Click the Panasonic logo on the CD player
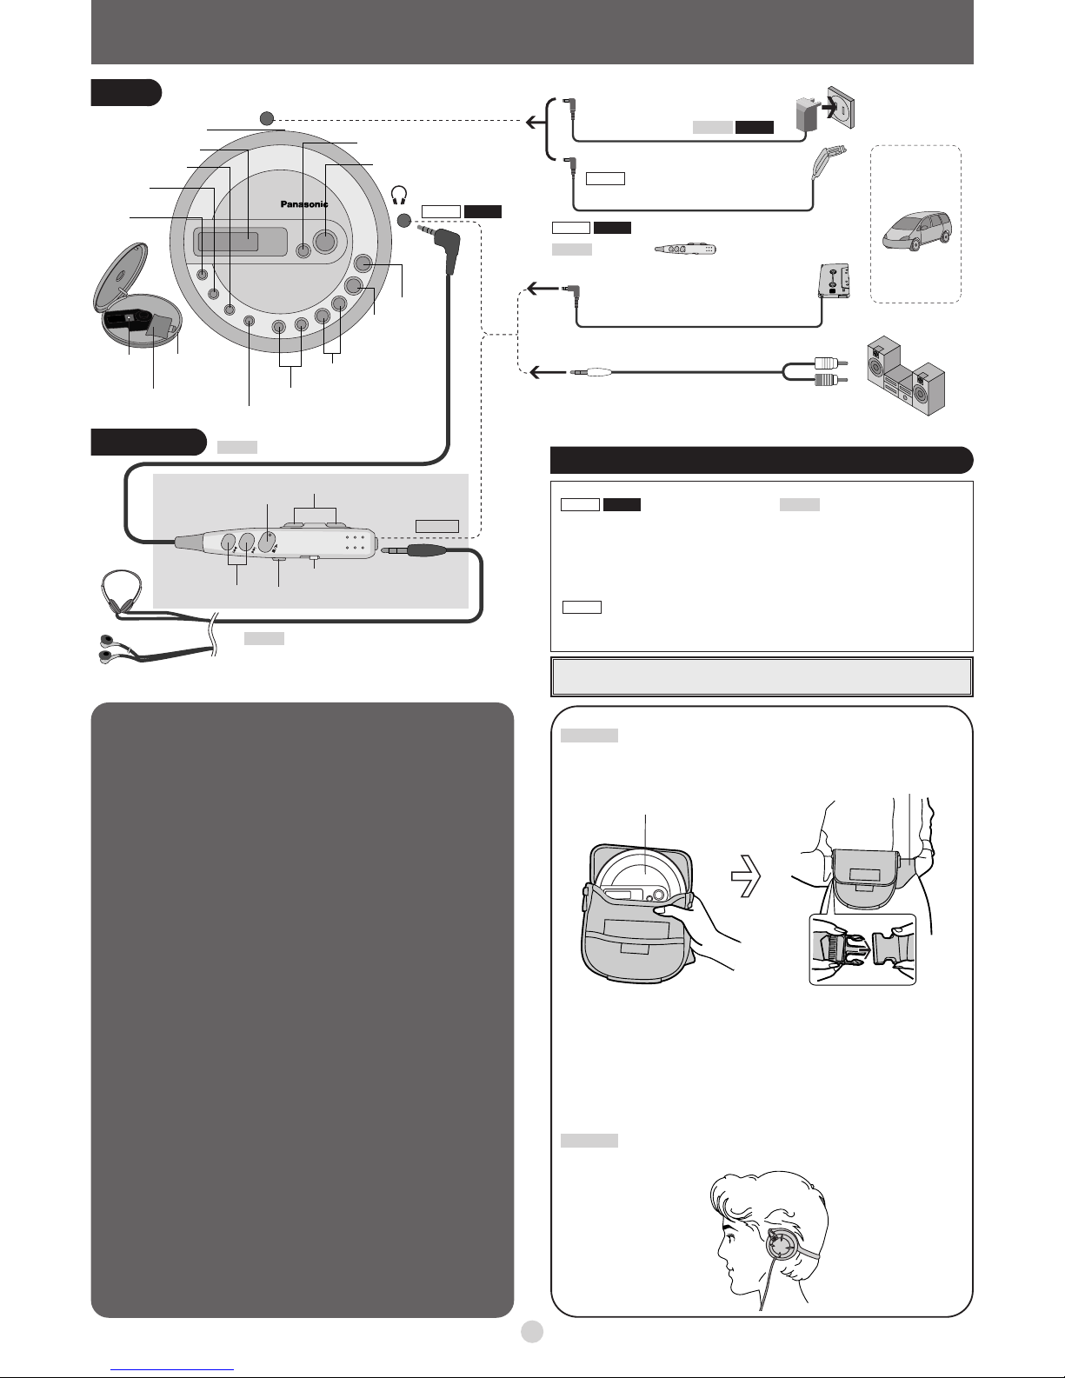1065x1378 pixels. coord(304,204)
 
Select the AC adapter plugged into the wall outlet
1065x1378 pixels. coord(808,114)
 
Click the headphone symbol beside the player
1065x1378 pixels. coord(399,196)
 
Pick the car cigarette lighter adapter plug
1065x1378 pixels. coord(827,162)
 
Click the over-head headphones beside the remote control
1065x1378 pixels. coord(121,591)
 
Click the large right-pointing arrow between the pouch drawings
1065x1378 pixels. coord(745,875)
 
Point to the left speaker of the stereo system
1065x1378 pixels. coord(883,362)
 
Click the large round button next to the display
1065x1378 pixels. coord(324,240)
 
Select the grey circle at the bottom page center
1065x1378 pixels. coord(532,1331)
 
